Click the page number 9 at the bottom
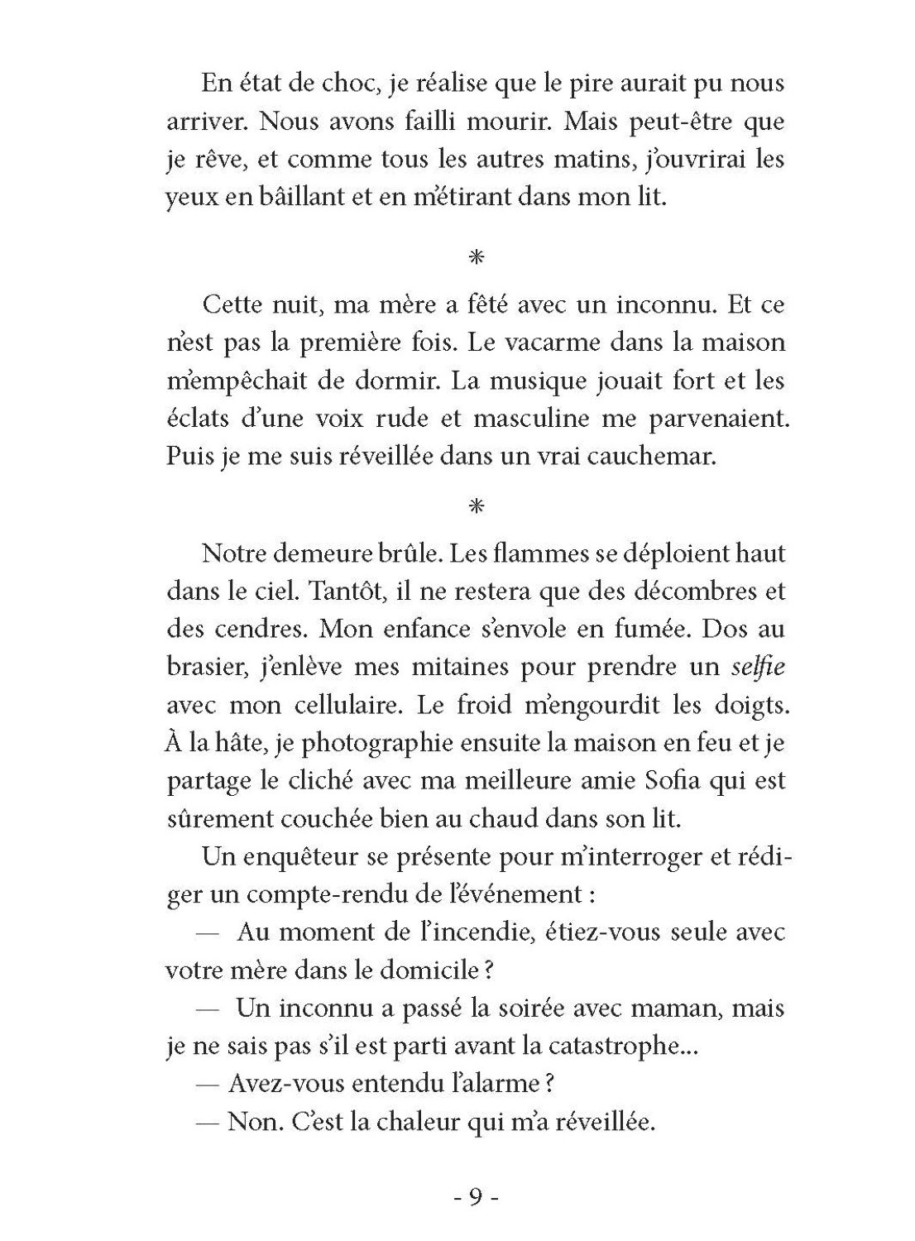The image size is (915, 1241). (476, 1198)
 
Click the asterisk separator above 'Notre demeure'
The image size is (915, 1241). (476, 506)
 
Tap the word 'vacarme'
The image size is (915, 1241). (585, 343)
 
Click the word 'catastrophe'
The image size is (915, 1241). (613, 1047)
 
